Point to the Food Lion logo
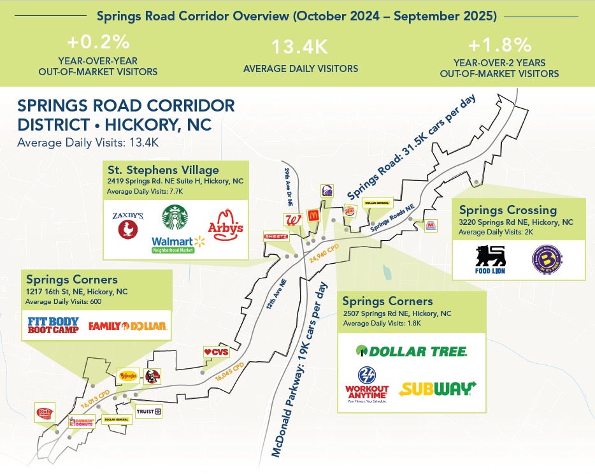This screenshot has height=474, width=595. [490, 259]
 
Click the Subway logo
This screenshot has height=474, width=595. [438, 389]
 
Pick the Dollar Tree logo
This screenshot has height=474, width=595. [412, 351]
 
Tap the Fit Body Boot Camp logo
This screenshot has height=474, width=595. [53, 326]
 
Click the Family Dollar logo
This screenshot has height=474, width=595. [127, 327]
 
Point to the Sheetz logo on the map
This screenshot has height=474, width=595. [276, 236]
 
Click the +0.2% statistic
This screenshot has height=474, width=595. [98, 43]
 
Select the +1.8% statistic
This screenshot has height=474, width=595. [499, 45]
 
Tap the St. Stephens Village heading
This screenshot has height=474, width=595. [162, 170]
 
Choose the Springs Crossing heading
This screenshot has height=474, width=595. [508, 210]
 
